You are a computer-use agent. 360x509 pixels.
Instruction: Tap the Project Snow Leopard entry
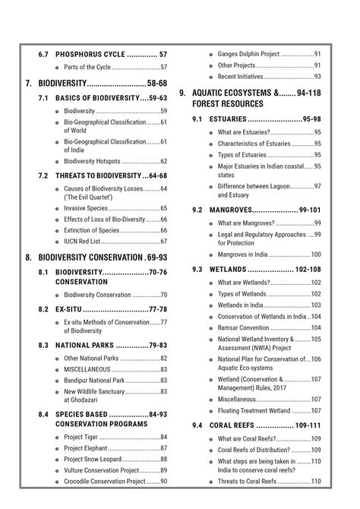[x=95, y=459]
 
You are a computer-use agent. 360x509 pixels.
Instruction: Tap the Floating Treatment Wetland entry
[x=254, y=410]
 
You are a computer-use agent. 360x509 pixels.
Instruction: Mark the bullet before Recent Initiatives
[x=210, y=77]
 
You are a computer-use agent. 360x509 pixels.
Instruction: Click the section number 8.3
[x=43, y=345]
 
